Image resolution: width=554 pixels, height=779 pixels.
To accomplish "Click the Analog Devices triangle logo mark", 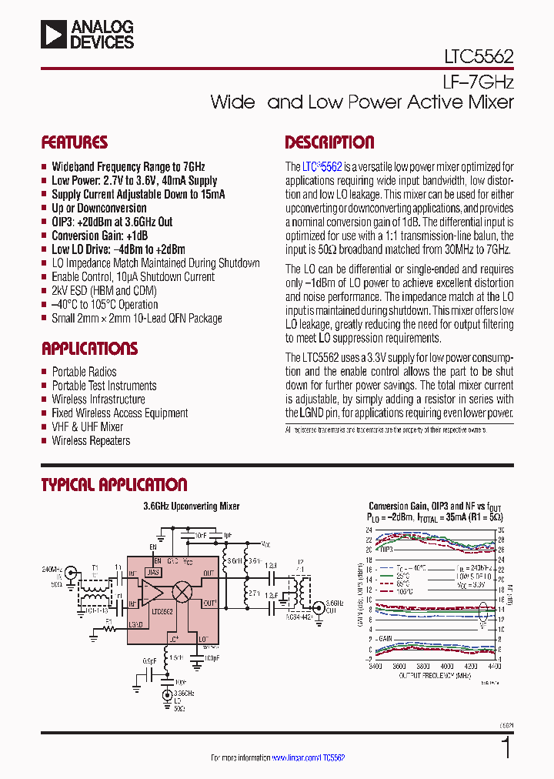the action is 55,35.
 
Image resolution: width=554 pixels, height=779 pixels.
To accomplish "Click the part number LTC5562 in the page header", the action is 474,56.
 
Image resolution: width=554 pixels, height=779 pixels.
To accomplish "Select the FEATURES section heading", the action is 74,142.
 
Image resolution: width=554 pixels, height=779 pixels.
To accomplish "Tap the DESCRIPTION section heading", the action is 329,142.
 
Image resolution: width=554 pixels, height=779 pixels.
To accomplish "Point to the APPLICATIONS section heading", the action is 89,349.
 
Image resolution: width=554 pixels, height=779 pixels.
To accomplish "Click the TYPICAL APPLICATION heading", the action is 114,485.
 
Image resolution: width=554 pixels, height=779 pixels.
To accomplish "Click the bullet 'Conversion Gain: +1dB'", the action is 99,236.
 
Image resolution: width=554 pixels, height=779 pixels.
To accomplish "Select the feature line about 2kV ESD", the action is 104,291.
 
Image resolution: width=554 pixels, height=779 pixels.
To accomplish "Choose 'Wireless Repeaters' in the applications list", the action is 91,441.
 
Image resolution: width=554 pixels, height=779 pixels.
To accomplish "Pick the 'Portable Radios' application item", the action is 84,372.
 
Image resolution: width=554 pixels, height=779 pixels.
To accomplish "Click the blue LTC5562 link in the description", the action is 322,166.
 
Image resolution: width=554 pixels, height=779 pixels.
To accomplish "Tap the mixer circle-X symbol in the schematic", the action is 182,591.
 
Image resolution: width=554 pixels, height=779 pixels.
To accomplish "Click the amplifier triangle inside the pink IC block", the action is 151,593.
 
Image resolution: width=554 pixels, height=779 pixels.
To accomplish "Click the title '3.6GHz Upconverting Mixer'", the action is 192,507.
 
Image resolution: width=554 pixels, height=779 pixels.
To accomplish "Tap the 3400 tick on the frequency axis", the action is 375,667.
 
